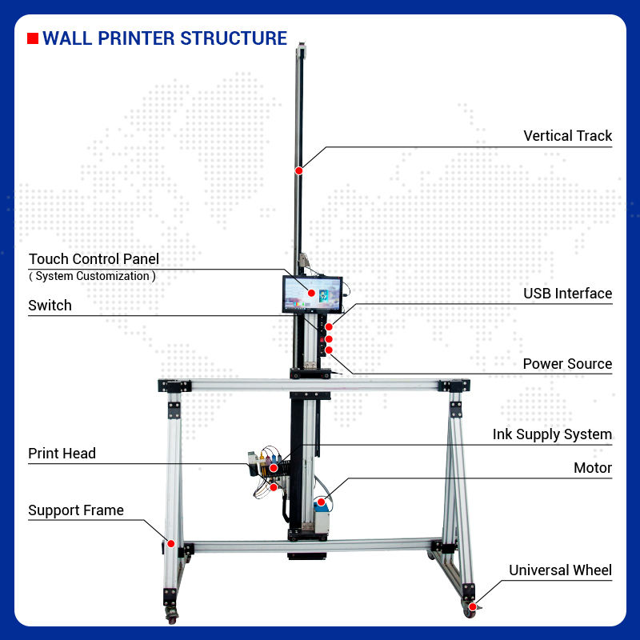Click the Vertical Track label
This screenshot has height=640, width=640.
[x=567, y=136]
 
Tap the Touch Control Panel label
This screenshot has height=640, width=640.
[x=94, y=259]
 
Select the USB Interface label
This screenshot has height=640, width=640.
[x=567, y=294]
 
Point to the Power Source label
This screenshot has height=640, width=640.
[x=567, y=364]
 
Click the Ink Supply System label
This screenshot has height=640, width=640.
[x=552, y=435]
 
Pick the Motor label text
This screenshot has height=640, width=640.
[x=592, y=468]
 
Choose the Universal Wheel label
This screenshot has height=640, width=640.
[x=560, y=570]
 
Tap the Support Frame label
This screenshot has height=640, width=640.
[x=76, y=510]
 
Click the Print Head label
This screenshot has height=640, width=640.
[x=62, y=454]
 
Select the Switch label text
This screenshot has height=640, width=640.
[x=50, y=306]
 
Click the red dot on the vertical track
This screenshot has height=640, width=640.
[x=298, y=170]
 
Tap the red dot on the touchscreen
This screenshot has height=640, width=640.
[x=312, y=294]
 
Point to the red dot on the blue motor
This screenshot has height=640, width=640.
[x=322, y=502]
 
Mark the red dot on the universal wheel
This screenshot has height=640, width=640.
[x=473, y=606]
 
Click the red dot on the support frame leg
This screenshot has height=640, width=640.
[x=170, y=543]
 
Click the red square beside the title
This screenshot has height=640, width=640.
[x=33, y=38]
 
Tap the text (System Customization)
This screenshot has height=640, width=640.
[x=92, y=276]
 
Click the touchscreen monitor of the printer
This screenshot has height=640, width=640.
[x=312, y=294]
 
